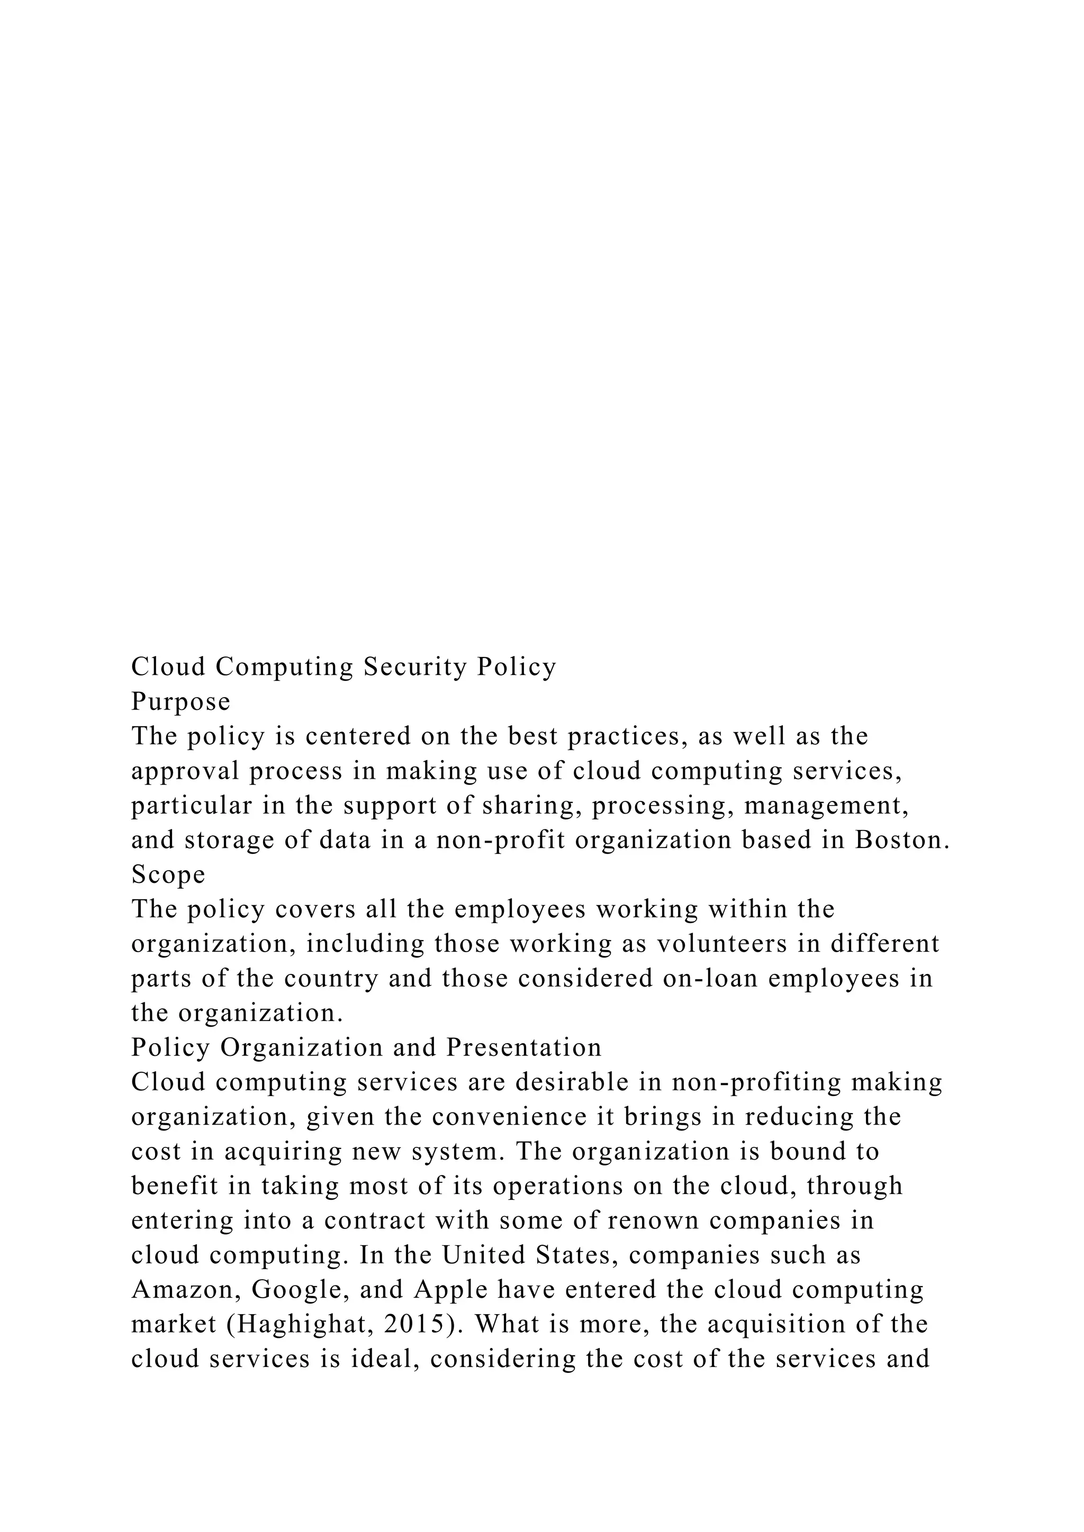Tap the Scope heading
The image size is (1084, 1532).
click(x=168, y=874)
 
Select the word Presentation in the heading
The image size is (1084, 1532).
click(x=524, y=1047)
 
